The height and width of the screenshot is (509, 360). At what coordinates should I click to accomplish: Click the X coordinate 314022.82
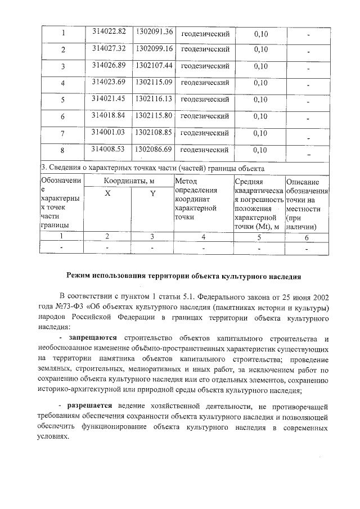tap(109, 31)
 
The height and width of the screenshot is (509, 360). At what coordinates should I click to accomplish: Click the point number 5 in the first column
tap(63, 101)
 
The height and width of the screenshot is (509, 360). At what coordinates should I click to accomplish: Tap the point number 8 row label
tap(63, 151)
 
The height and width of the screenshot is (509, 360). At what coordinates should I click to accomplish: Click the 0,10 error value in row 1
tap(260, 34)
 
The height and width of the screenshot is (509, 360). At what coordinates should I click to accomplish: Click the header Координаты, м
tap(129, 181)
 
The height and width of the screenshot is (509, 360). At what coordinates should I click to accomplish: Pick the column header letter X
tap(107, 193)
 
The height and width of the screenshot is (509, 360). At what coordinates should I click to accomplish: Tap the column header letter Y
tap(152, 194)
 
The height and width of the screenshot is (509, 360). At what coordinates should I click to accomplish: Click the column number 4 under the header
tap(203, 237)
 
